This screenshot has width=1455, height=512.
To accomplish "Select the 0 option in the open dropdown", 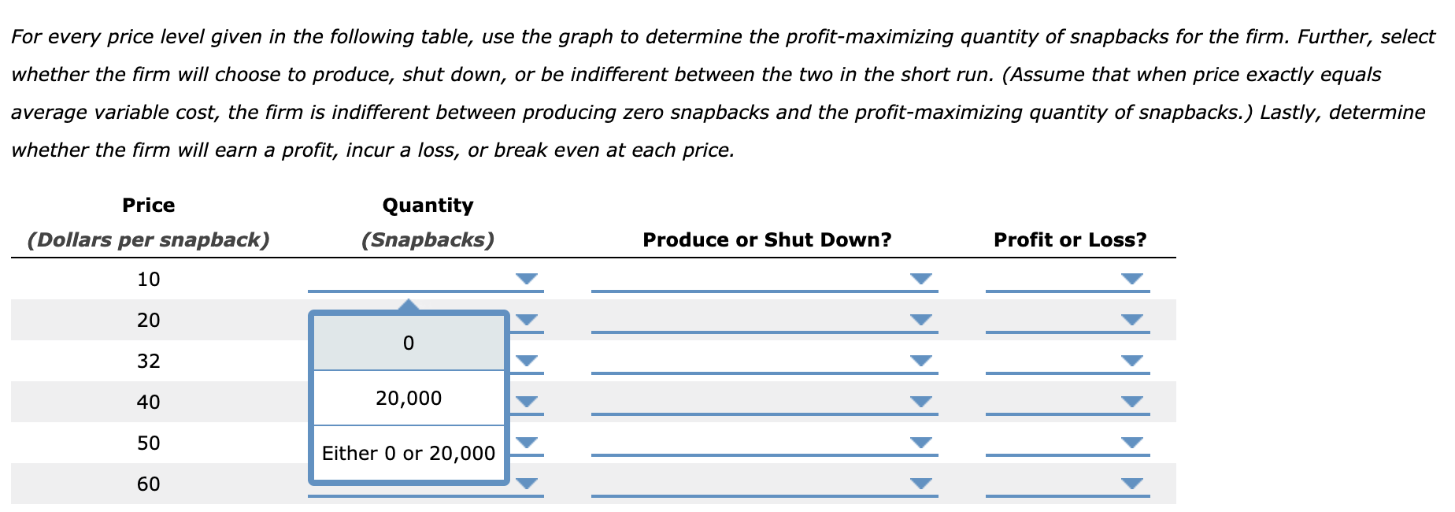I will [x=408, y=343].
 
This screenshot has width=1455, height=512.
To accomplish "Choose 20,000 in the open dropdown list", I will [x=408, y=398].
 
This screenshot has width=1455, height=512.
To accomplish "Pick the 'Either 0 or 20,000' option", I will [x=408, y=453].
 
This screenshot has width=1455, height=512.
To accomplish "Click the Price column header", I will [x=149, y=206].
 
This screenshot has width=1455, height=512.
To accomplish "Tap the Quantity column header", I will [x=428, y=206].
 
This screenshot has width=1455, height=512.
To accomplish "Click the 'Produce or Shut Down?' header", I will [x=767, y=239].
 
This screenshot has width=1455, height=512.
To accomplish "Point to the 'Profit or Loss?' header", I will [x=1069, y=239].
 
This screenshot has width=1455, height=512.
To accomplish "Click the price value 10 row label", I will [x=149, y=279].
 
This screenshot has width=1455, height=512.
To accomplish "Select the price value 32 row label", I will [x=149, y=361].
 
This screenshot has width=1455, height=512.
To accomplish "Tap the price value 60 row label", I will [x=149, y=484].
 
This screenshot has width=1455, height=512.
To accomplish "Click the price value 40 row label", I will [x=149, y=402].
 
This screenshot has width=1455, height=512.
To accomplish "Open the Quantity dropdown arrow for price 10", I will [x=527, y=278].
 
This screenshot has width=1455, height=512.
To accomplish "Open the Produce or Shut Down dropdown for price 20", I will [x=920, y=319].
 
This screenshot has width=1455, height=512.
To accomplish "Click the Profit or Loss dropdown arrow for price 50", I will [x=1131, y=442].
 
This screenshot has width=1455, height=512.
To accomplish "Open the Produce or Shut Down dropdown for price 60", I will [x=920, y=483].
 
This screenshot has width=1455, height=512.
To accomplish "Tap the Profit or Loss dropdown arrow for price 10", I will [x=1131, y=278].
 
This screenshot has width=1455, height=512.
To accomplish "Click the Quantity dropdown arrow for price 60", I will [x=527, y=483].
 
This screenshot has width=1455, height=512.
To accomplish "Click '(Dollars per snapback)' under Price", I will [x=149, y=239].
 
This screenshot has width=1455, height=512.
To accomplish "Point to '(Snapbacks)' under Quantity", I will [x=428, y=239].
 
